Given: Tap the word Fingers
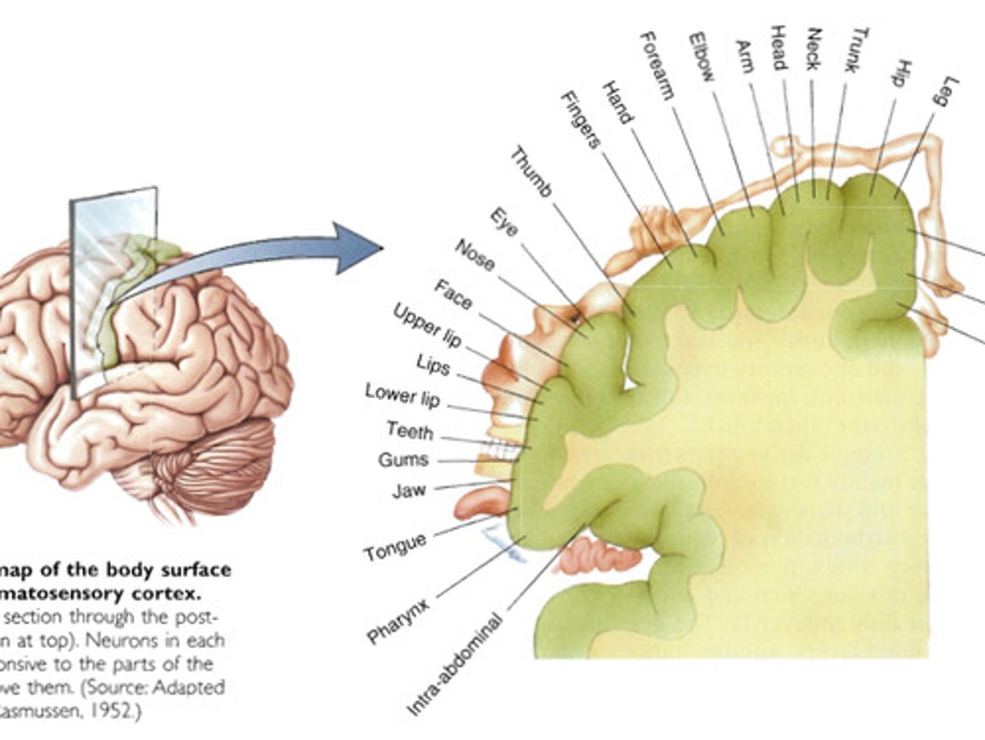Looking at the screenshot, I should (x=580, y=120).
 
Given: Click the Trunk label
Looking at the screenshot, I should (x=858, y=50).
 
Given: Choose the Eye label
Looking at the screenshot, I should (x=504, y=223).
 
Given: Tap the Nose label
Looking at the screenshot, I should (x=475, y=255).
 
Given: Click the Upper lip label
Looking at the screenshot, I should (x=428, y=324).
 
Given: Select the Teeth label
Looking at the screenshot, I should (x=410, y=431).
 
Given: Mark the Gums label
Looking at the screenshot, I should (x=404, y=460).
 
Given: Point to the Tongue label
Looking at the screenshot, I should (x=395, y=548).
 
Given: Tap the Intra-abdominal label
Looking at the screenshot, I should (x=455, y=666).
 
